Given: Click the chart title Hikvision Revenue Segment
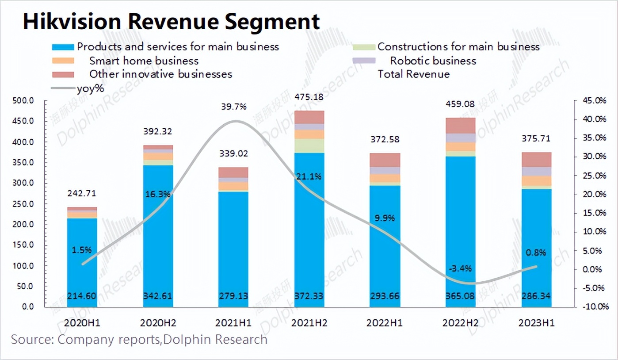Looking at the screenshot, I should tap(171, 22).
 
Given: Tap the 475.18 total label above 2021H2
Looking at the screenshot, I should tap(309, 97).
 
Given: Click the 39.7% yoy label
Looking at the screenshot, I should tap(234, 107).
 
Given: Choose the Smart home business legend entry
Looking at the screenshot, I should tap(144, 61).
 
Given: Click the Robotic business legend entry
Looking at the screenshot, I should tap(432, 61).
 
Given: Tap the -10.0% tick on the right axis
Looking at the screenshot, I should tap(593, 306).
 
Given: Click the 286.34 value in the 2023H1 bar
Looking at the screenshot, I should tap(537, 296).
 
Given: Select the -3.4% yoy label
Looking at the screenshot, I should tap(460, 268).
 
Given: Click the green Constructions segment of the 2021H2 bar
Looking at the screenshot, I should tap(309, 146).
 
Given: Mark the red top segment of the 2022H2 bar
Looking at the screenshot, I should tap(461, 126).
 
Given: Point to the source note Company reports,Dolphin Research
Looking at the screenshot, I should tap(139, 340).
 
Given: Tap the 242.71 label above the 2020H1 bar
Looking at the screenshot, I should tap(82, 193).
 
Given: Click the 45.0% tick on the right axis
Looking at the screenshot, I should tap(593, 101).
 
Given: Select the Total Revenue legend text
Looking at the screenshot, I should tap(413, 74).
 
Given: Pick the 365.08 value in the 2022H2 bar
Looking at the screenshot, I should tap(461, 296).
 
